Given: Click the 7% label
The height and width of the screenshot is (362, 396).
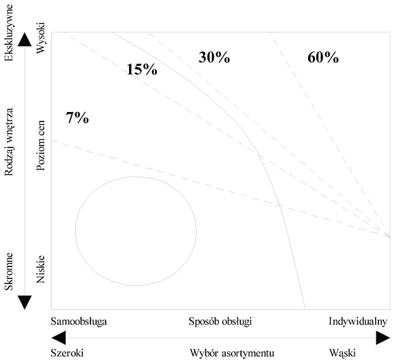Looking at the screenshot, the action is (78, 118).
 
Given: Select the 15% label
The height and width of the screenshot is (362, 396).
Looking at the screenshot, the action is (142, 69).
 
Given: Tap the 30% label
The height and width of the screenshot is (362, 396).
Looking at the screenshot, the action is (214, 57).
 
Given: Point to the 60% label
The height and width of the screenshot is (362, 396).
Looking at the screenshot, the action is (323, 57).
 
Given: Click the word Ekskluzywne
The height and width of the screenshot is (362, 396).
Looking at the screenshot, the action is (9, 33).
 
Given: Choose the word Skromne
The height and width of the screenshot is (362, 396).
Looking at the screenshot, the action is (9, 271).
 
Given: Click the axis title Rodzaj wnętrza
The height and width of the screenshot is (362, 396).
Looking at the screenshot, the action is (9, 142).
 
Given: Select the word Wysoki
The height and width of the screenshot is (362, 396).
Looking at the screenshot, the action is (40, 38).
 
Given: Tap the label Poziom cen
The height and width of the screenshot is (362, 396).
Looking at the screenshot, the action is (40, 146).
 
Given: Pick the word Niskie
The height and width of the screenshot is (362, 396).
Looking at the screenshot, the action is (40, 270).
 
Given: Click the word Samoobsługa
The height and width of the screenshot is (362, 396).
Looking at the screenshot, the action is (79, 322).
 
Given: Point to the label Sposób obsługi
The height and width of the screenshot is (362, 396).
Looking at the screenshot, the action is (220, 322).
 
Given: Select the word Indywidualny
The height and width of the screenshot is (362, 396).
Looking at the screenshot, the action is (358, 322).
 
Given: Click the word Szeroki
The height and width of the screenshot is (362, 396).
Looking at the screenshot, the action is (67, 353).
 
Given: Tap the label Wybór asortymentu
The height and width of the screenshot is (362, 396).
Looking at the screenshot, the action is (232, 353).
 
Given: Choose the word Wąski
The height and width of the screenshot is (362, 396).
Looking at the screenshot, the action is (342, 353).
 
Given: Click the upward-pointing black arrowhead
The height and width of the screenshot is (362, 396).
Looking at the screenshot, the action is (25, 39).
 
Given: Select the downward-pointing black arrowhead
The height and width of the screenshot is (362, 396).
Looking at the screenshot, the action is (25, 303).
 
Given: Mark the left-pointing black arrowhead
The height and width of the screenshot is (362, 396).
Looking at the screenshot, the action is (58, 338).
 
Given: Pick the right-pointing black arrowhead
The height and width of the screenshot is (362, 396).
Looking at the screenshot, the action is (383, 338).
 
